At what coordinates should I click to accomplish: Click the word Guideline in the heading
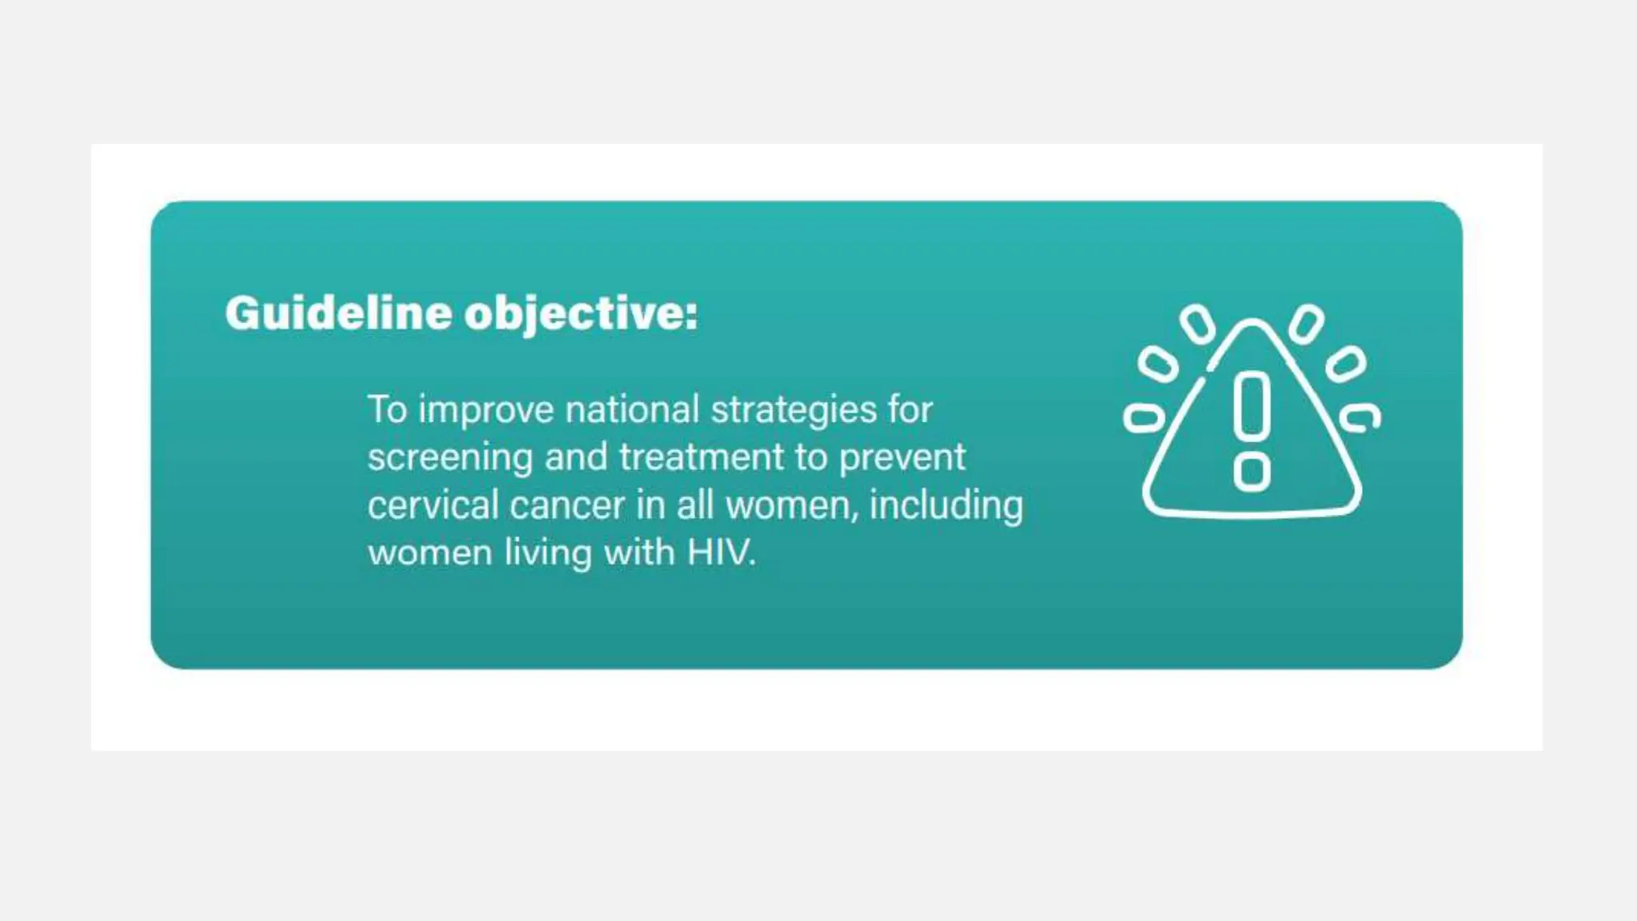pyautogui.click(x=338, y=313)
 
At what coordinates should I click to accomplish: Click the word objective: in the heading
pyautogui.click(x=581, y=313)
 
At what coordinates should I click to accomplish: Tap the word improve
pyautogui.click(x=486, y=410)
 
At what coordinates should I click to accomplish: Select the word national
pyautogui.click(x=632, y=410)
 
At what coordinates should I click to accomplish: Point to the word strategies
pyautogui.click(x=794, y=410)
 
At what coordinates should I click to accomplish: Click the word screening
pyautogui.click(x=450, y=458)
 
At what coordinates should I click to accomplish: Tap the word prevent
pyautogui.click(x=902, y=458)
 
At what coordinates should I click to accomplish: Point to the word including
pyautogui.click(x=946, y=506)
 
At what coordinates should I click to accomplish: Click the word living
pyautogui.click(x=548, y=553)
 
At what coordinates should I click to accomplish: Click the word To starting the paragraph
pyautogui.click(x=388, y=410)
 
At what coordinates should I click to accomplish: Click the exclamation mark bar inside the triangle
pyautogui.click(x=1252, y=406)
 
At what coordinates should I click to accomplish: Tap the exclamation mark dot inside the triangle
pyautogui.click(x=1252, y=472)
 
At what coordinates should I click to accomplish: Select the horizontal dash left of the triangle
pyautogui.click(x=1144, y=418)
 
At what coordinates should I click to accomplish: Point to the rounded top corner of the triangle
pyautogui.click(x=1253, y=324)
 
